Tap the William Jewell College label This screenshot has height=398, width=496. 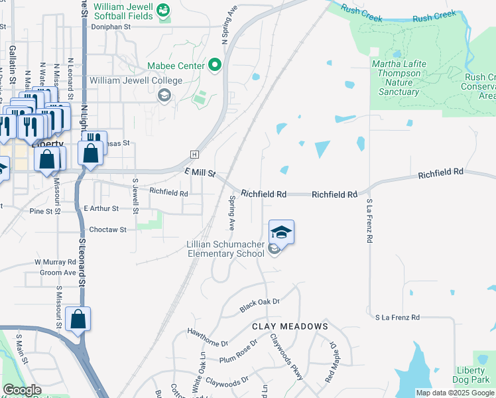coord(135,81)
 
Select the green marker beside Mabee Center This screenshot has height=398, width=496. coord(215,65)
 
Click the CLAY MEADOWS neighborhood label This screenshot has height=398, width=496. coord(290,326)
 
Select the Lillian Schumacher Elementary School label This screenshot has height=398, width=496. coord(226,249)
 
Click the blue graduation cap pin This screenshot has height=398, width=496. coord(281,232)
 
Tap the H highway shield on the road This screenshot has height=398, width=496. coord(194,154)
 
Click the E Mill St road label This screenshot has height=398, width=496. coord(200,173)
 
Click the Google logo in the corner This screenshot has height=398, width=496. coord(22,390)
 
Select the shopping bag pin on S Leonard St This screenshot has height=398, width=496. coord(78,320)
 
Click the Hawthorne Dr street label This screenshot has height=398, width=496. coord(208,339)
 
